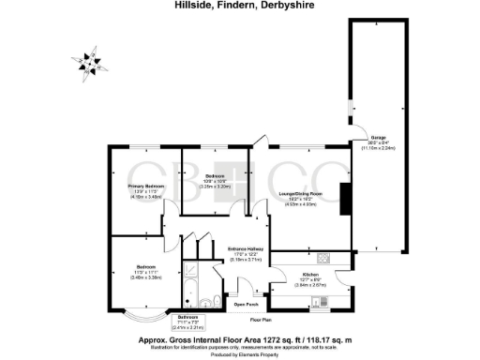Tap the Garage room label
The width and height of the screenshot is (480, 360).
point(379,139)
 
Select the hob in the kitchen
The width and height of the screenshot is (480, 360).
point(323,259)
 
